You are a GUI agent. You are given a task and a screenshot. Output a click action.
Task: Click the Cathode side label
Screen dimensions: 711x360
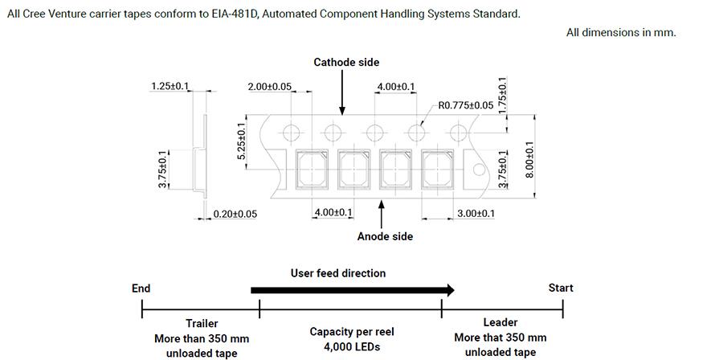click(x=346, y=62)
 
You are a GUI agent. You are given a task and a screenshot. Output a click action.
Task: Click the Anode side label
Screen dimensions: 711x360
click(x=385, y=236)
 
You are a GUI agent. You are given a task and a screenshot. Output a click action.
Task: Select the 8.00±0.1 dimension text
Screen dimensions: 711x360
click(x=529, y=159)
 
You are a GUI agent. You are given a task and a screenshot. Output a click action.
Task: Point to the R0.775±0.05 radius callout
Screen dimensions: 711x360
click(x=466, y=105)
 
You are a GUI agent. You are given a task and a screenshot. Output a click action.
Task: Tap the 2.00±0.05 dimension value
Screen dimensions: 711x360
click(x=270, y=87)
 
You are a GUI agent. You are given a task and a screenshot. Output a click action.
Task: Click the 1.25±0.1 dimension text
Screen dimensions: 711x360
click(x=170, y=86)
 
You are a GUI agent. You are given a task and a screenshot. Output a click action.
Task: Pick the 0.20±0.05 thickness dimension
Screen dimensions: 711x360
click(x=235, y=214)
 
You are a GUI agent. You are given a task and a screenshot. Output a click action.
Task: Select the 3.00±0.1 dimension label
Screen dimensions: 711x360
click(x=476, y=213)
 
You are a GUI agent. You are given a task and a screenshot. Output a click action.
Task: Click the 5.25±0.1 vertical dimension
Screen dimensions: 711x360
click(x=241, y=141)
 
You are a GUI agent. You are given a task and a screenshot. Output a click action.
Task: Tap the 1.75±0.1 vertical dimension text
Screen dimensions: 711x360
click(x=502, y=96)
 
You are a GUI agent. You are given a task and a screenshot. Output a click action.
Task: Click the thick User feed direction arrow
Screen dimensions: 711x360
click(x=353, y=290)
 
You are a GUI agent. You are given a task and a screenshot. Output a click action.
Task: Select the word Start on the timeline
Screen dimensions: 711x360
click(x=561, y=288)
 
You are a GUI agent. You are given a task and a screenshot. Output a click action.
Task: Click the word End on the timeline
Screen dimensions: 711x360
click(x=141, y=288)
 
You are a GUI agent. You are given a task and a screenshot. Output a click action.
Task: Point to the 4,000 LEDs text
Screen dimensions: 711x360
click(x=352, y=347)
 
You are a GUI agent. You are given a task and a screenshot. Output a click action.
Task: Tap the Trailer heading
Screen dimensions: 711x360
click(x=202, y=323)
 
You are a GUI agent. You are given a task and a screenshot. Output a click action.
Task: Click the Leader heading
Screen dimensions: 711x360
click(x=501, y=322)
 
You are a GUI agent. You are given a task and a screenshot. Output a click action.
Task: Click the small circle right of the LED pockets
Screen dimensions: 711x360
click(x=480, y=170)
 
